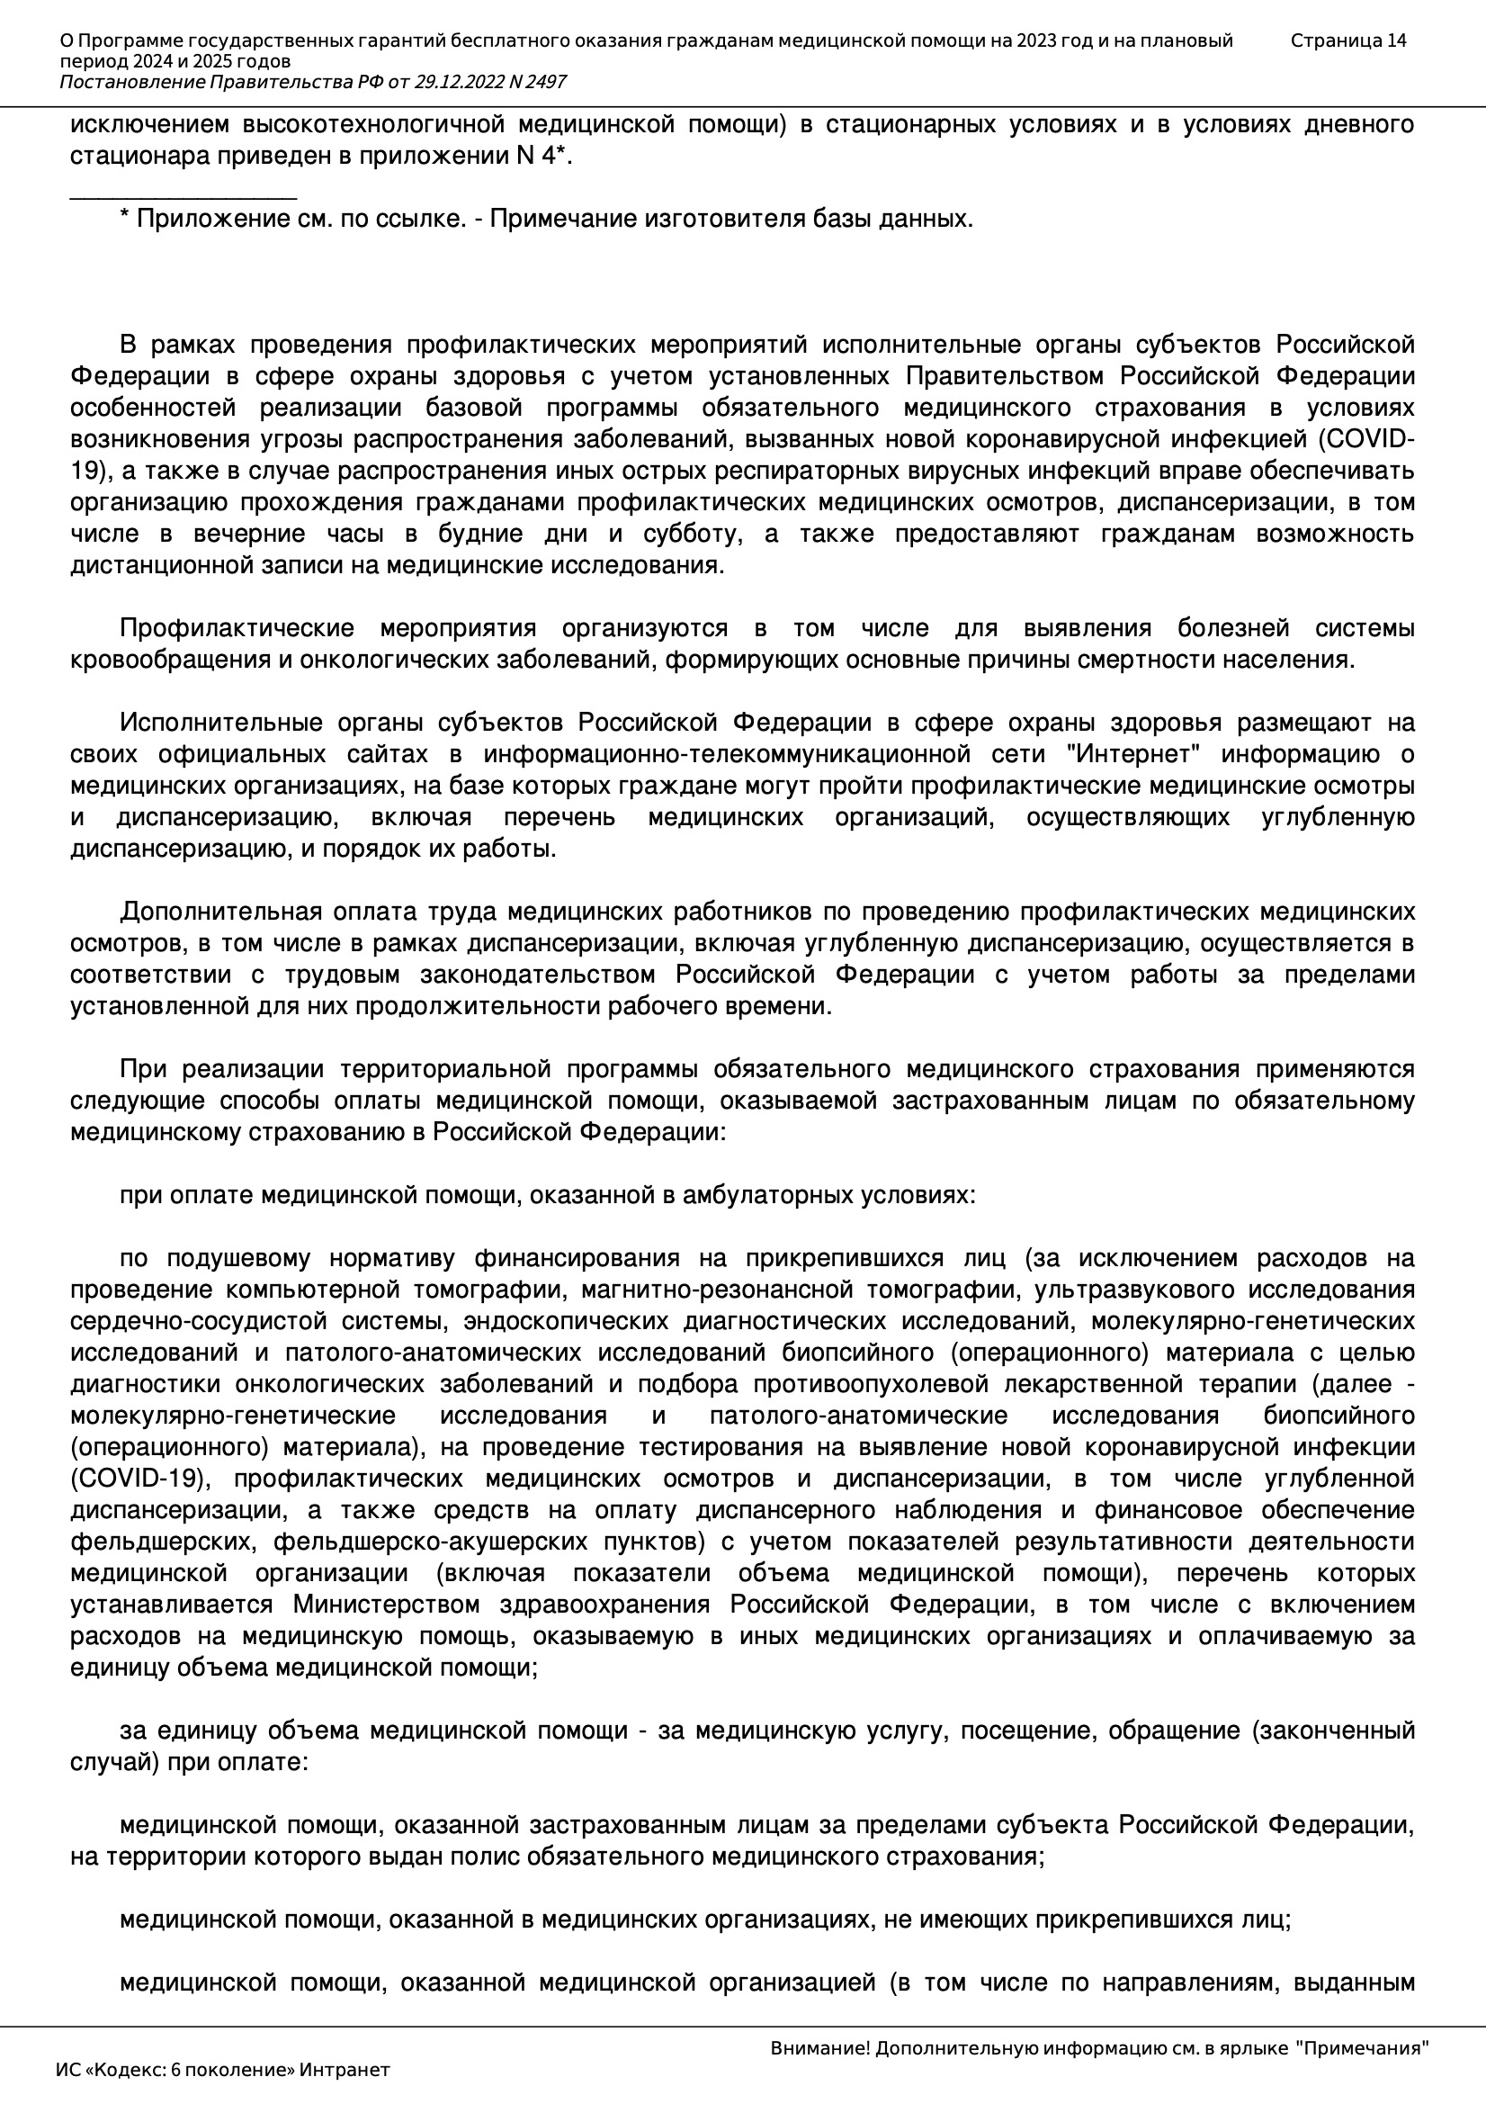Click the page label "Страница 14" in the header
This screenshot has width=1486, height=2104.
tap(1347, 40)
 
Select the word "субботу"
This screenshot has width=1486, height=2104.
tap(695, 535)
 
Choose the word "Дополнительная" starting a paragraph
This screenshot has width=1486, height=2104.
tap(220, 912)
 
